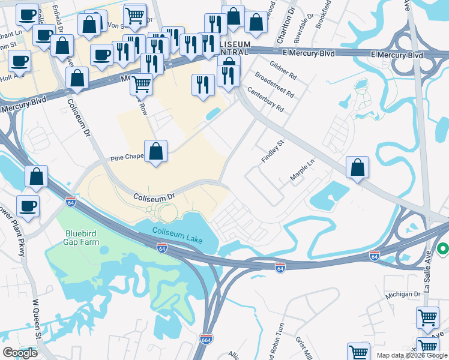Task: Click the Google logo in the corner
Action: pos(20,353)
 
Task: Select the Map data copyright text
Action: pos(412,355)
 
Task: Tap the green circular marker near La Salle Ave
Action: pos(444,248)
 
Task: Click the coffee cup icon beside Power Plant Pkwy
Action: pos(28,206)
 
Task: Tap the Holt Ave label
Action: pos(9,75)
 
